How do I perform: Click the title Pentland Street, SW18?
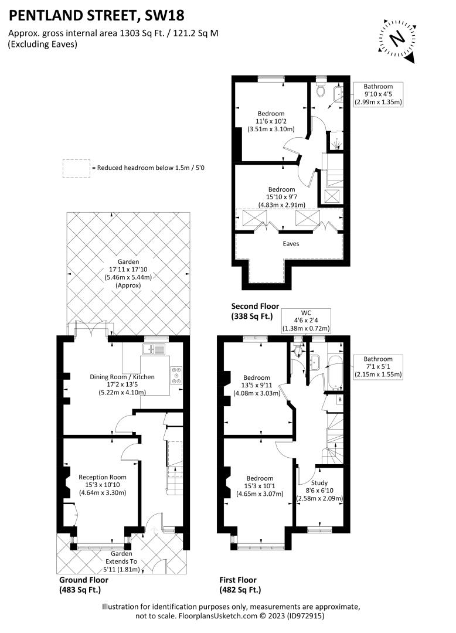97,15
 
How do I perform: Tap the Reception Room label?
103,477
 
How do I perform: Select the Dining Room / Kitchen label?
122,377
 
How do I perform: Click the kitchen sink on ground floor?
154,349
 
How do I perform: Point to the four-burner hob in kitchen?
176,376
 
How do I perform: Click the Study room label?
319,483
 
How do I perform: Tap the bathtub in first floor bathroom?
335,373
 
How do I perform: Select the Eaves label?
291,243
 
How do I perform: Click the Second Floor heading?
255,307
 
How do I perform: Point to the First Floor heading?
238,580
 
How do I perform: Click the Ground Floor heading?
84,580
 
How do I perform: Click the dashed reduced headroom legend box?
76,169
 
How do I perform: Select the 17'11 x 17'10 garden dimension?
128,270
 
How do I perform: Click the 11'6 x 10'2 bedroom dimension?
271,121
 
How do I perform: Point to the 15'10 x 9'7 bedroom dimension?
282,198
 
